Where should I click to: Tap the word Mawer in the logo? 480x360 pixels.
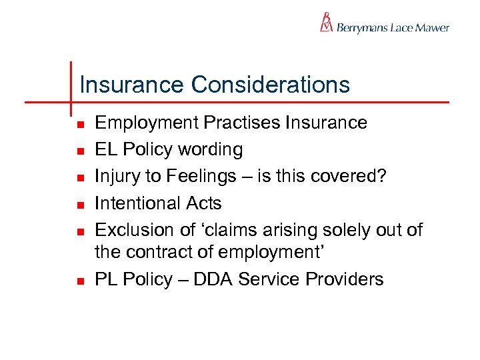[x=432, y=28]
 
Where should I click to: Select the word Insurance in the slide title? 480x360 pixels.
[x=131, y=85]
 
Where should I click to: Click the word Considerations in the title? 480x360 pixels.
[x=270, y=85]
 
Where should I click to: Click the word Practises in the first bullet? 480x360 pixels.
[x=243, y=123]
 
